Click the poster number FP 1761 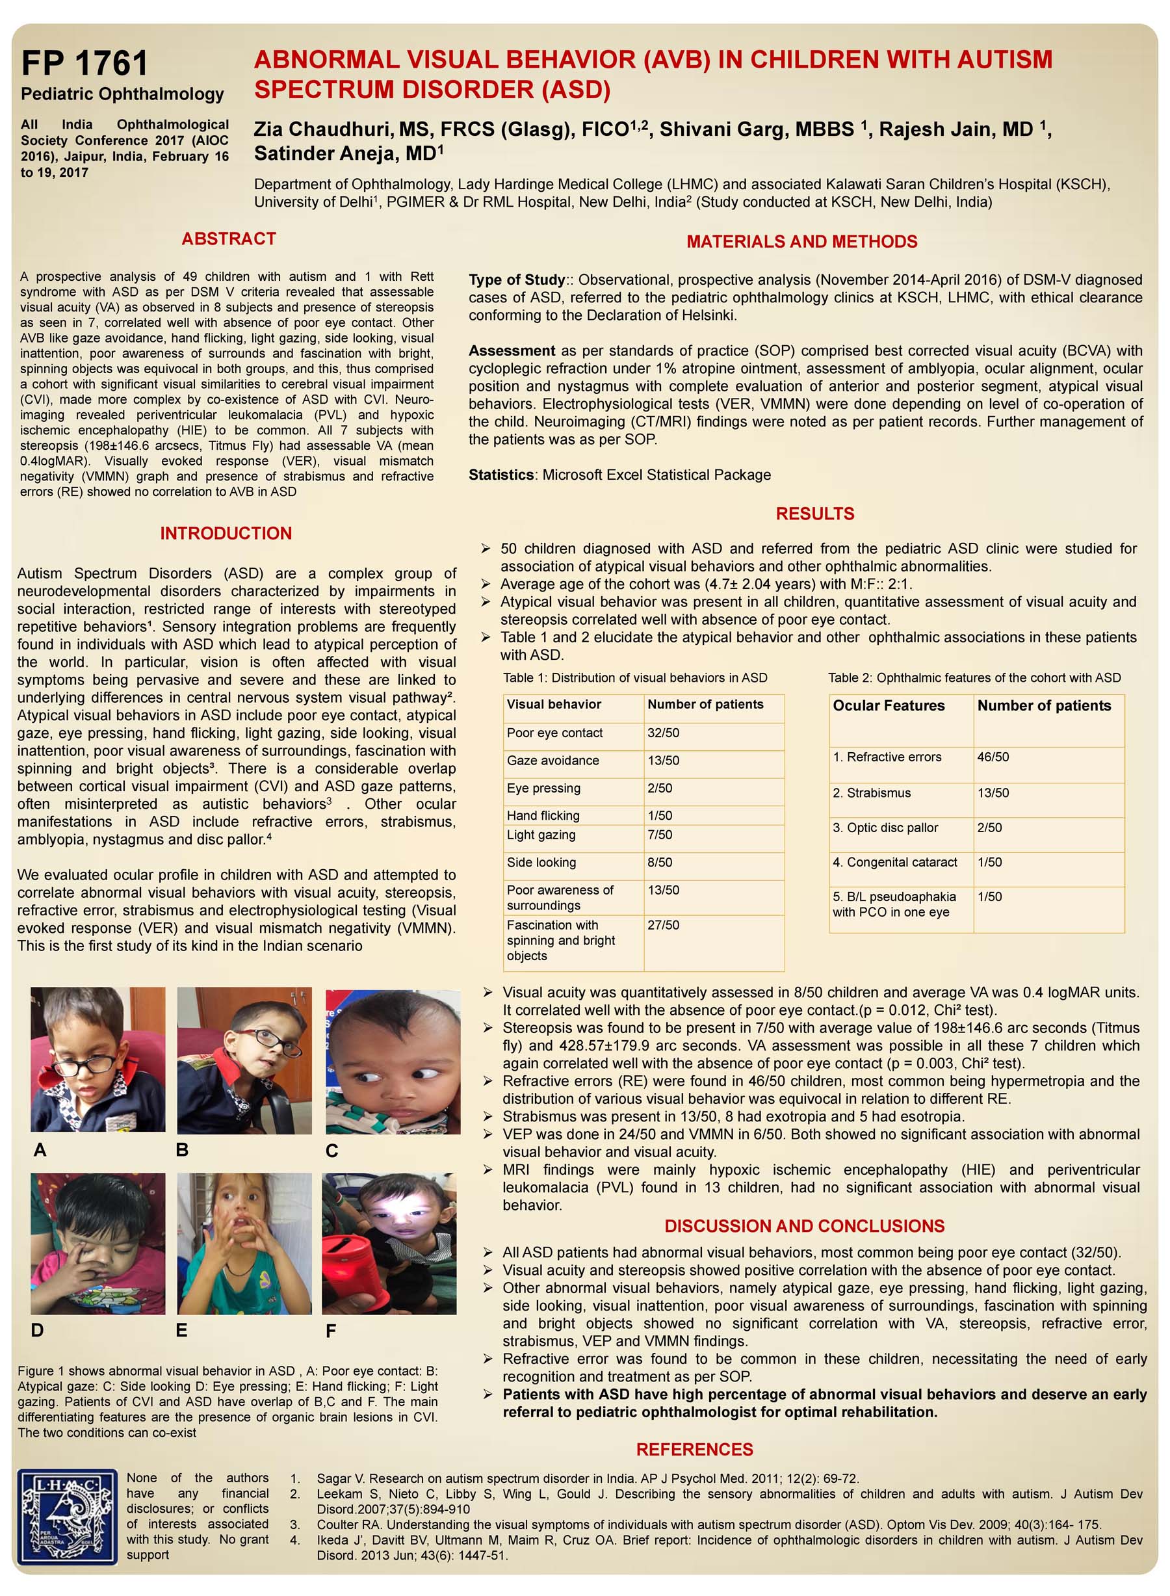pos(84,63)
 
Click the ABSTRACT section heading pos(228,239)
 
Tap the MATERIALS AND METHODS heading pos(801,242)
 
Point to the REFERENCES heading pos(694,1449)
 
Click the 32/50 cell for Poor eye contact pos(663,733)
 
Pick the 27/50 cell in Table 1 pos(663,925)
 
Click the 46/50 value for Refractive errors pos(993,757)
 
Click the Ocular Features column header pos(888,705)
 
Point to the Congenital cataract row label pos(894,862)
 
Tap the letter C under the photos pos(331,1151)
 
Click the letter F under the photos pos(330,1331)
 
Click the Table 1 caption pos(634,678)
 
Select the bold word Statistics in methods pos(501,475)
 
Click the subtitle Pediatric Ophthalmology pos(122,94)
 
